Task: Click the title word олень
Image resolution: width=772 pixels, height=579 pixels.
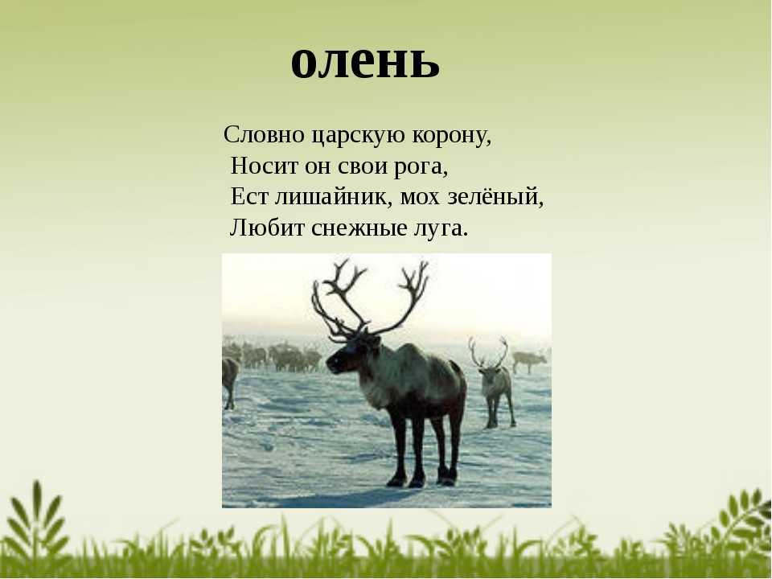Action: (x=365, y=62)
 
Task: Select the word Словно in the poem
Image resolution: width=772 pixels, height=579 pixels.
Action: (x=264, y=134)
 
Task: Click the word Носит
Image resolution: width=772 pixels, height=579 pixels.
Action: (x=264, y=166)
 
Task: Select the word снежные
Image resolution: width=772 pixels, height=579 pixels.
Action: (x=359, y=228)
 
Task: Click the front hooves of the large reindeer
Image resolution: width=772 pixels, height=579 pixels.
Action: (x=406, y=479)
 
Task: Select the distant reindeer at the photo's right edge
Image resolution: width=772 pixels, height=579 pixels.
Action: (x=530, y=360)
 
